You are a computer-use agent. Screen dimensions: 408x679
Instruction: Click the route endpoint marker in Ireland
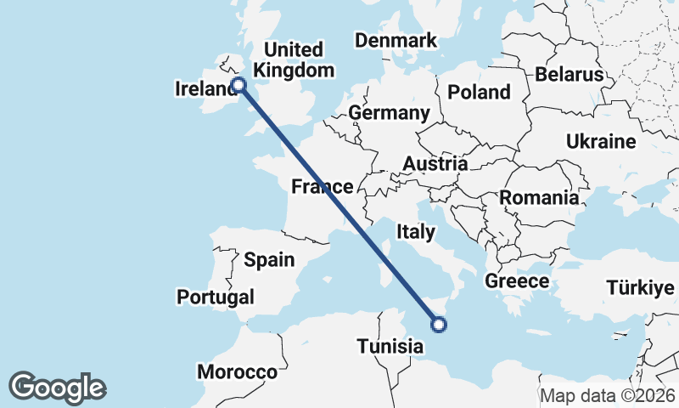pos(238,84)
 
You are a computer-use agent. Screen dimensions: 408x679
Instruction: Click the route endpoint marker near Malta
pos(439,323)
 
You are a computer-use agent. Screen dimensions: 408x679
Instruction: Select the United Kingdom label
pos(294,59)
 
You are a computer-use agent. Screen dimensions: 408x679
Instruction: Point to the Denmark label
pos(396,40)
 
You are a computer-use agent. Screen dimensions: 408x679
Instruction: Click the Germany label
pos(389,113)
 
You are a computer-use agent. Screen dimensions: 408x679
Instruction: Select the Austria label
pos(435,163)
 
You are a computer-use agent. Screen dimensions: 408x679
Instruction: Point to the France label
pos(322,187)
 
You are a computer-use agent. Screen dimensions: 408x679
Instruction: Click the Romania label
pos(539,198)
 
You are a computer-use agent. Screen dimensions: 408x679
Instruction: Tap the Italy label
pos(416,231)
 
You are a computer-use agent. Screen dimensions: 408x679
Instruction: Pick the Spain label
pos(268,260)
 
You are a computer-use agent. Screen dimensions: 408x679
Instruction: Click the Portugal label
pos(216,297)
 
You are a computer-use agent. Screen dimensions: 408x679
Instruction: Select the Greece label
pos(517,280)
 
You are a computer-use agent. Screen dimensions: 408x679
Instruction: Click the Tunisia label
pos(390,346)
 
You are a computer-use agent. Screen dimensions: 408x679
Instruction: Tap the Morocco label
pos(237,371)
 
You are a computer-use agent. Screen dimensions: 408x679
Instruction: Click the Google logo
pos(58,388)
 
